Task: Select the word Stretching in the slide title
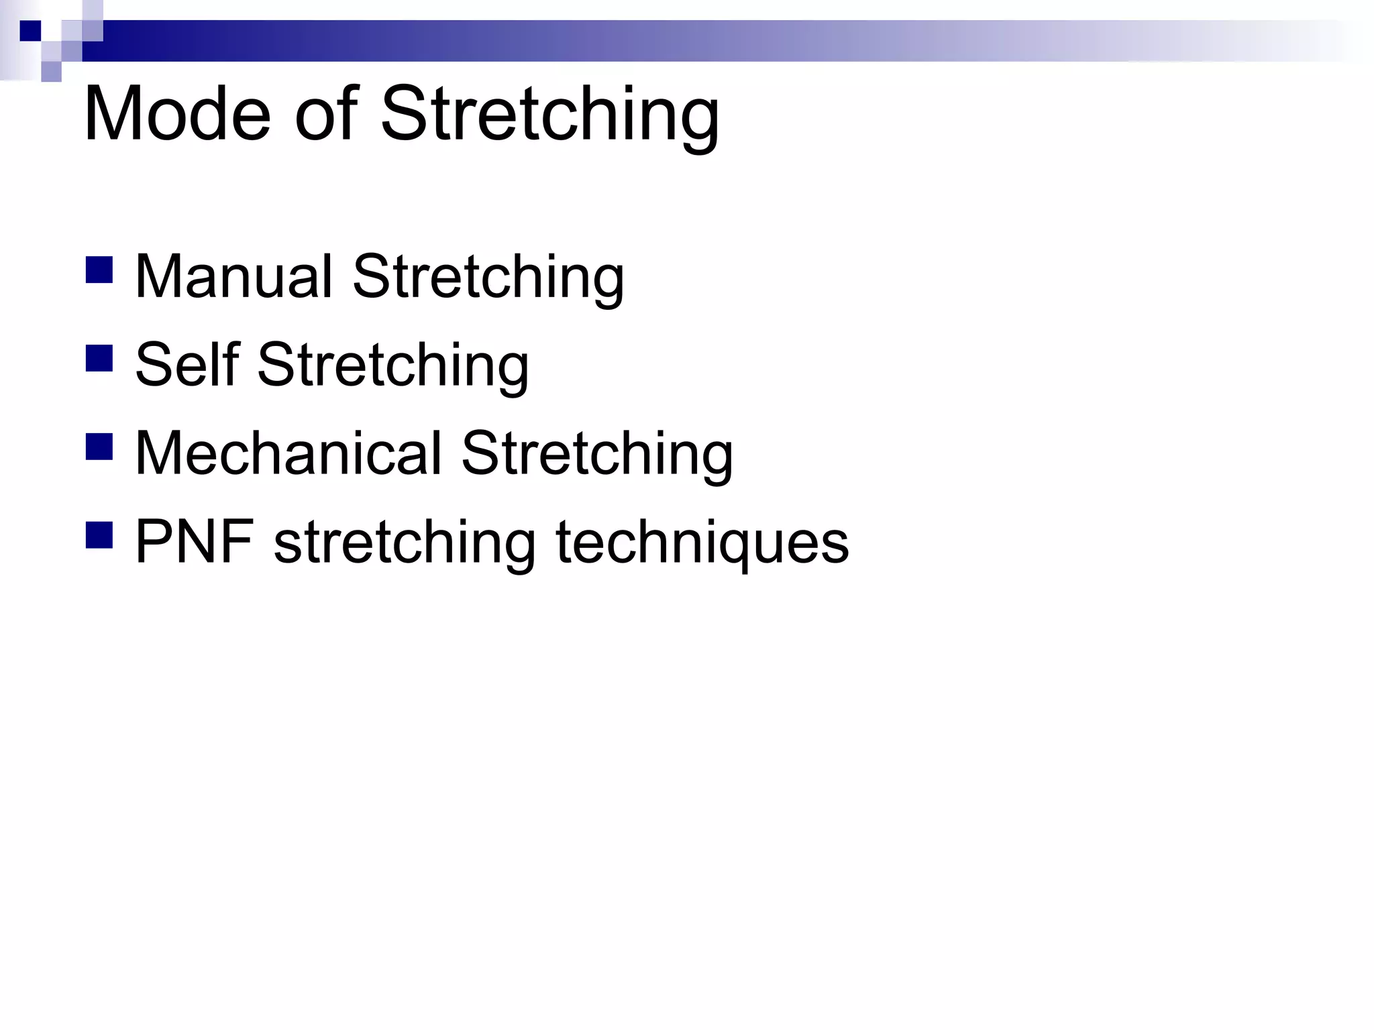pos(550,115)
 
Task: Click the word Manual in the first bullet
pos(234,276)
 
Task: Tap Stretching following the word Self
pos(393,366)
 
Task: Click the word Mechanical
pos(289,453)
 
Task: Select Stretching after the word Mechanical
pos(597,455)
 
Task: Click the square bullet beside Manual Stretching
pos(99,270)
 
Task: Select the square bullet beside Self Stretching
pos(99,358)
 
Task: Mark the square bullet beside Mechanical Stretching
pos(99,447)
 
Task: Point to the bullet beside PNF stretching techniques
pos(99,535)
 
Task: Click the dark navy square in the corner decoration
pos(30,31)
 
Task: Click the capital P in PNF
pos(152,542)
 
